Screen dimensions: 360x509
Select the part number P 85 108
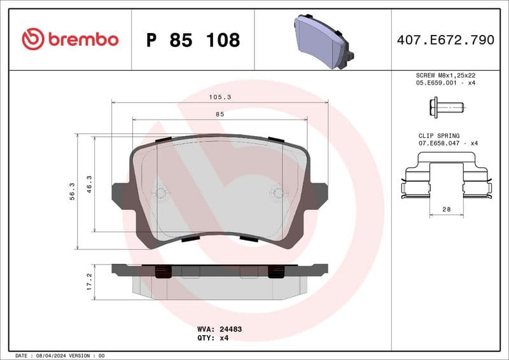[x=193, y=40]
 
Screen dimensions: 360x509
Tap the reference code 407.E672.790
[x=445, y=40]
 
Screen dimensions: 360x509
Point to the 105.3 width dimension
[x=220, y=97]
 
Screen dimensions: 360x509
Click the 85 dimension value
[x=220, y=114]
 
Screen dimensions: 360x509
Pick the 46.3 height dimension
[x=90, y=184]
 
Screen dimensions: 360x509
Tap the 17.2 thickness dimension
[x=90, y=281]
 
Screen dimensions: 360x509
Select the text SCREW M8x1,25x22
[x=445, y=75]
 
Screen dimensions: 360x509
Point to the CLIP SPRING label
[x=439, y=135]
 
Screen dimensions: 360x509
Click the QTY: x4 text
[x=213, y=338]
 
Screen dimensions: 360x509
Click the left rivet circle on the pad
[x=161, y=193]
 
